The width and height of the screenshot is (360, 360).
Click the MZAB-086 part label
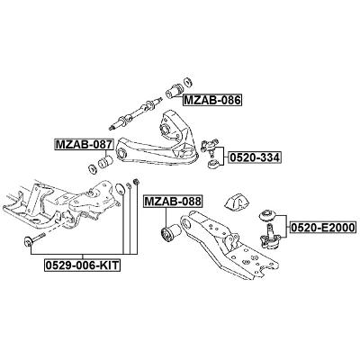point(212,100)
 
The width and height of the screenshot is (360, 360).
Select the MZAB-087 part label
point(84,145)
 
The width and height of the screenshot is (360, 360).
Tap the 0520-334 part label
point(255,157)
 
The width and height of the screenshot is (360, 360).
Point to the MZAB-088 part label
point(173,202)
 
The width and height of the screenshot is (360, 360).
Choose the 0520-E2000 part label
point(322,228)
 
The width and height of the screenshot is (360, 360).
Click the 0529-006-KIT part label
point(83,265)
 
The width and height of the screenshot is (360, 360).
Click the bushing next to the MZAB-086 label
point(174,91)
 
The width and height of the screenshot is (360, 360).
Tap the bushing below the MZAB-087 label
point(105,161)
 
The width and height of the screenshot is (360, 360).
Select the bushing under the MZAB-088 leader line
point(170,233)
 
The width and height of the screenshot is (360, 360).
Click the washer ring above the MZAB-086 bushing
point(187,82)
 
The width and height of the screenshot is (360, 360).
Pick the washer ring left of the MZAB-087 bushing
point(92,169)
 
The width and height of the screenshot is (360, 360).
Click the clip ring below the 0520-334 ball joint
point(214,165)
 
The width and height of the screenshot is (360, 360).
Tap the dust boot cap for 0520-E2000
point(267,216)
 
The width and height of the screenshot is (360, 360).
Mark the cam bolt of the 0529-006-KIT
point(34,239)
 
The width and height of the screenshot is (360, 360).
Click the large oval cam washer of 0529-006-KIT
point(120,188)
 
